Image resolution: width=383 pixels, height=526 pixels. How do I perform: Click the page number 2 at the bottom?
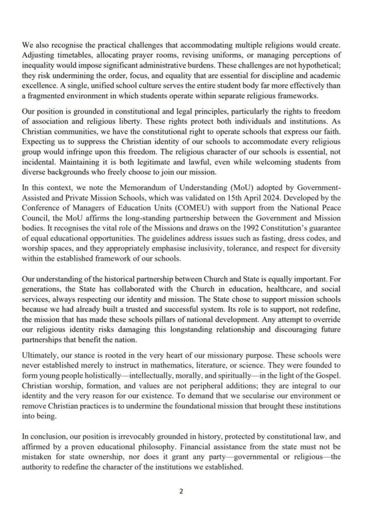pyautogui.click(x=181, y=491)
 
